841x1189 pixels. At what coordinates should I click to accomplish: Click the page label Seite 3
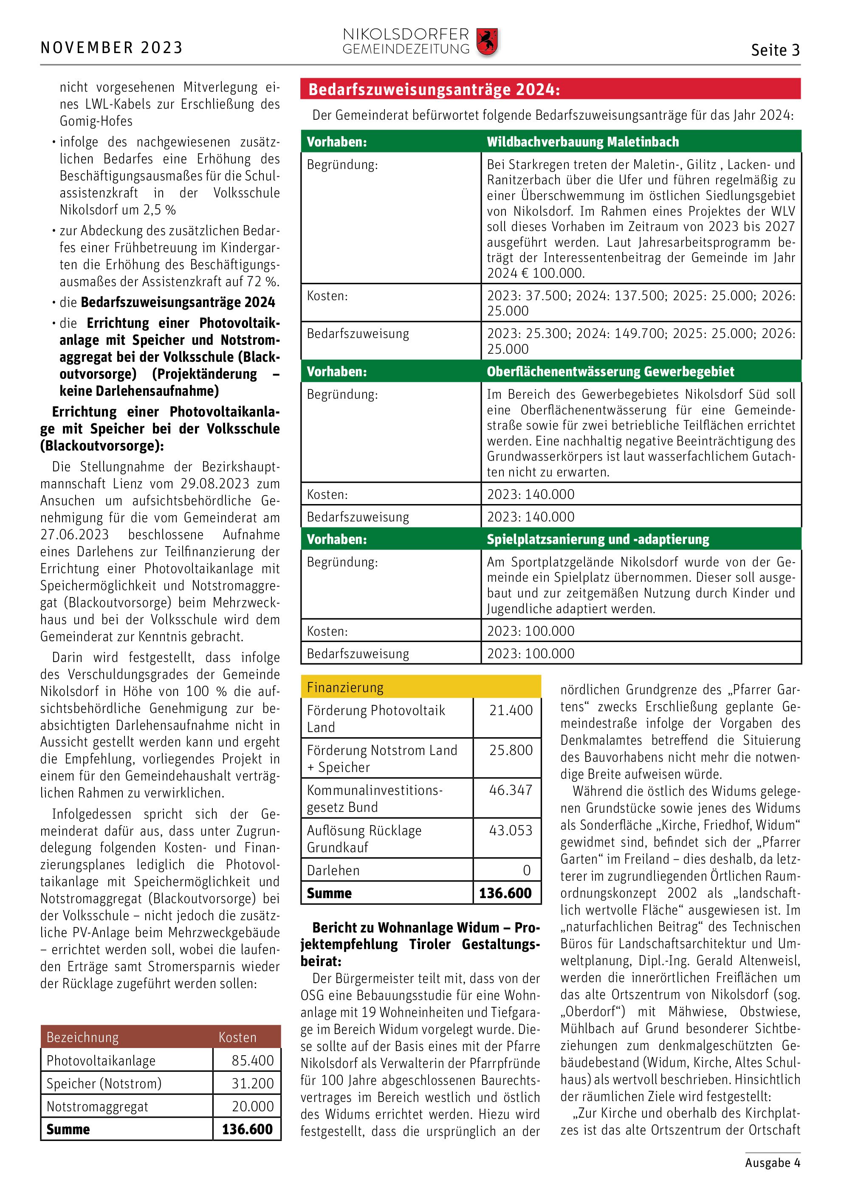click(775, 50)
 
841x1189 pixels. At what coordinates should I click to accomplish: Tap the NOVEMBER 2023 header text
click(111, 48)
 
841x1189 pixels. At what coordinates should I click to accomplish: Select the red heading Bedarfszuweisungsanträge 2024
click(434, 90)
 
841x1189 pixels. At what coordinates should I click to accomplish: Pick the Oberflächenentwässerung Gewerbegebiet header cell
click(610, 371)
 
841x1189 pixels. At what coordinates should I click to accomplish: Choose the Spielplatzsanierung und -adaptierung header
click(598, 539)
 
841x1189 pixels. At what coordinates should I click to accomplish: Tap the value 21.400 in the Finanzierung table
click(511, 710)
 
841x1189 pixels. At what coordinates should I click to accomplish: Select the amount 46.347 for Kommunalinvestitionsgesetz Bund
click(511, 790)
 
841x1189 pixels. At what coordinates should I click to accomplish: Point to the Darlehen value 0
click(526, 870)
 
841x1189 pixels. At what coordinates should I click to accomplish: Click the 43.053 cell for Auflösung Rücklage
click(511, 830)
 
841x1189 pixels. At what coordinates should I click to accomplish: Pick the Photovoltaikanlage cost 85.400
click(252, 1060)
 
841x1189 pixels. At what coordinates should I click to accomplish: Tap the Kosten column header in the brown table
click(237, 1037)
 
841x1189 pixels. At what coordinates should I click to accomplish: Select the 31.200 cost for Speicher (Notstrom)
click(252, 1083)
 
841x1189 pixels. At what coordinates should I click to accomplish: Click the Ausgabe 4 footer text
click(772, 1163)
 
